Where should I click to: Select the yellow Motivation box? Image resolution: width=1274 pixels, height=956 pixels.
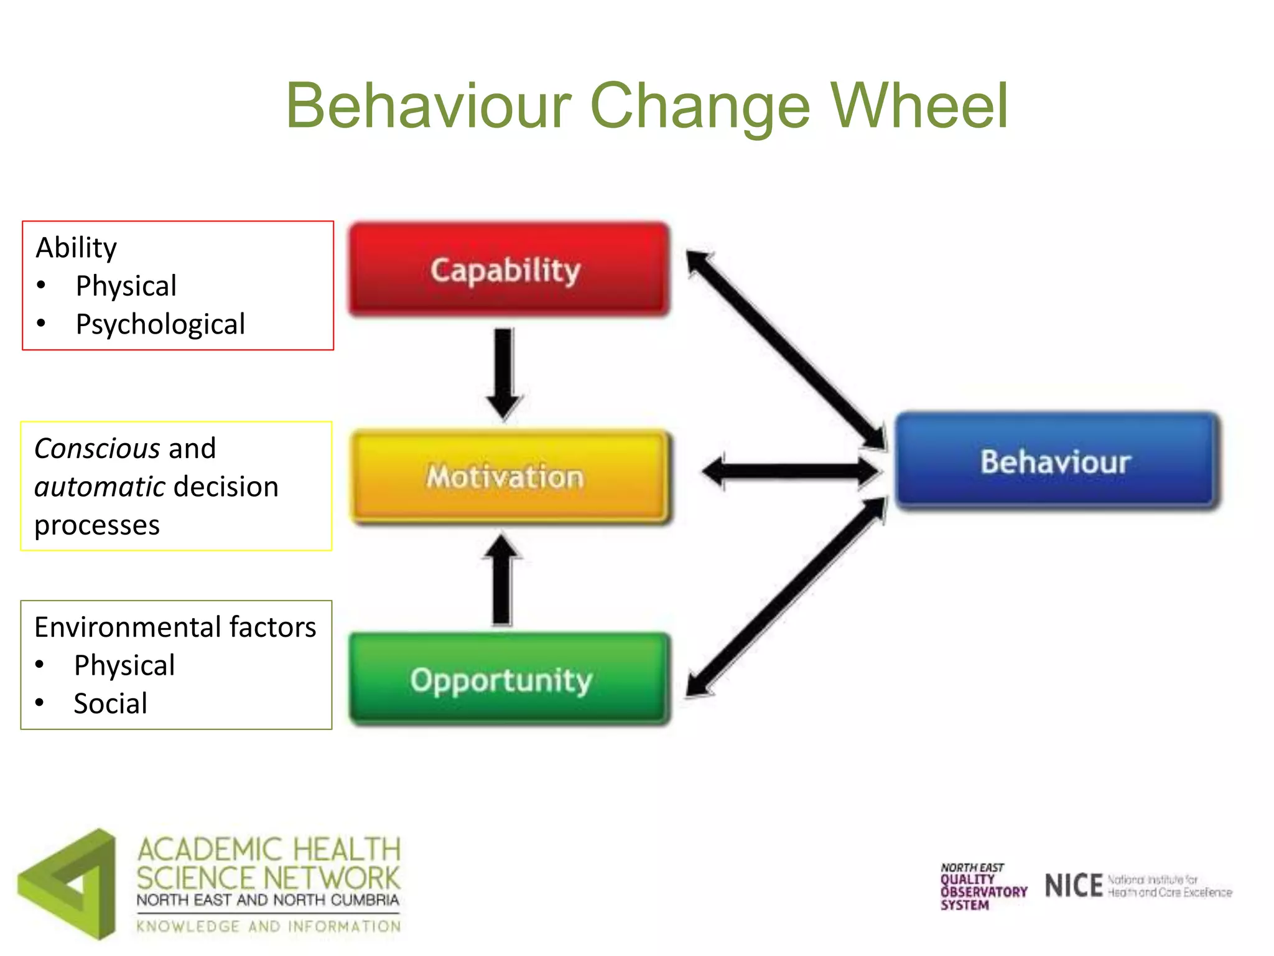click(509, 476)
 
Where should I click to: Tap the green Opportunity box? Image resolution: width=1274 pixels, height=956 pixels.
click(509, 679)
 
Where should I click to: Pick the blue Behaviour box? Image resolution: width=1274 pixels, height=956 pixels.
click(1056, 461)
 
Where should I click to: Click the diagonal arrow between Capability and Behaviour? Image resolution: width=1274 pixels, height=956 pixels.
click(785, 349)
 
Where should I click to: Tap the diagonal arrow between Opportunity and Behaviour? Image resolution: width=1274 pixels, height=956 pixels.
click(785, 597)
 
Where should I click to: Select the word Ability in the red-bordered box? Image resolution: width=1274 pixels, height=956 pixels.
click(77, 248)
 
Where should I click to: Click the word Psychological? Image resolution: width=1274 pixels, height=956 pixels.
click(160, 324)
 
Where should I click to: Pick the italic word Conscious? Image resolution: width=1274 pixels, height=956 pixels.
click(97, 449)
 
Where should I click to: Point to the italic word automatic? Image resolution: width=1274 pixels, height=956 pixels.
click(100, 487)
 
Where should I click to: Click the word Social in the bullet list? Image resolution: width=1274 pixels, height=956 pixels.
click(111, 704)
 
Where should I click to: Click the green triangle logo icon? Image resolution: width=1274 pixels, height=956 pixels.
click(68, 884)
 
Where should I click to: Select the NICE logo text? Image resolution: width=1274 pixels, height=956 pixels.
click(1074, 886)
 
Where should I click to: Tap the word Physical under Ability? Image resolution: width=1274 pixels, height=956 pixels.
click(126, 286)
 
